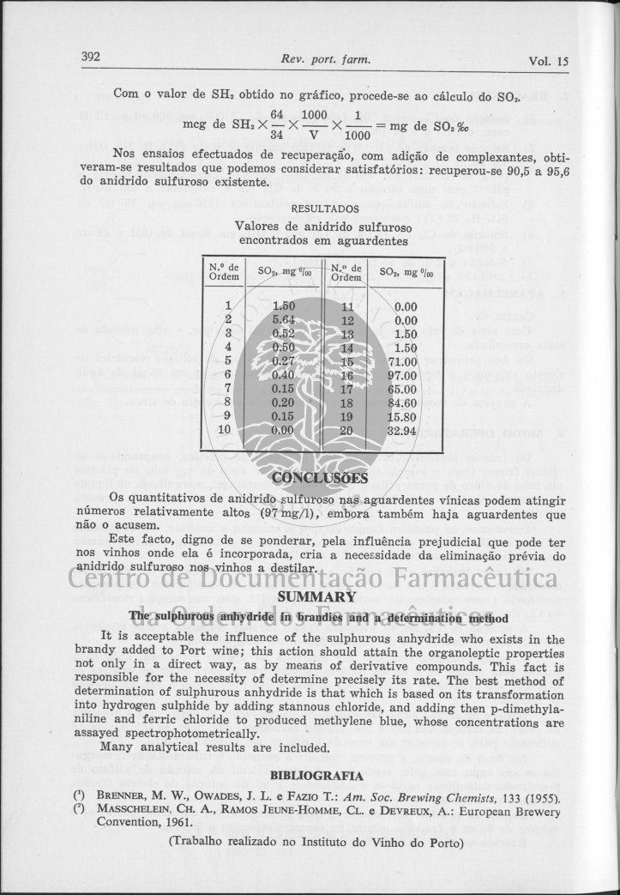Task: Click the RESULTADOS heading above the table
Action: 325,208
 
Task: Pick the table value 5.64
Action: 283,318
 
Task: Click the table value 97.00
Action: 400,375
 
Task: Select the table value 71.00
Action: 400,361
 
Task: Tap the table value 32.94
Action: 400,431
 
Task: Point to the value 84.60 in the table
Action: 400,402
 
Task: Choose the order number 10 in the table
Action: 226,430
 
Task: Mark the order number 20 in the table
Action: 347,431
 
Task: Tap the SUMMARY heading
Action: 316,596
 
